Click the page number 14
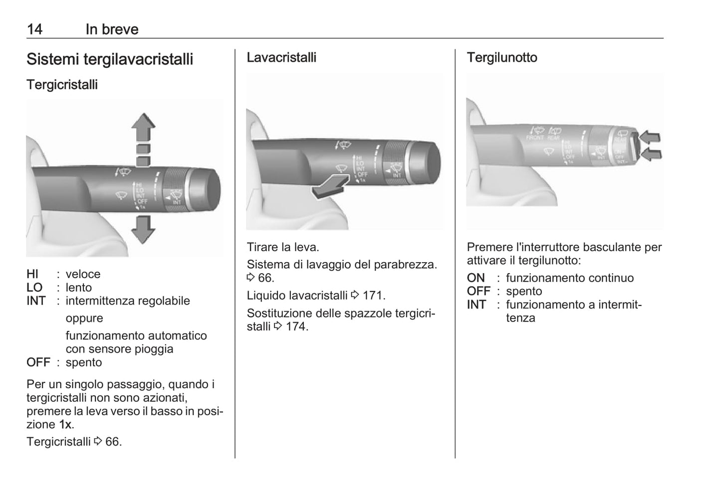34,29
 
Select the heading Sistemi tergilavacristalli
110,59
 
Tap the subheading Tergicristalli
62,85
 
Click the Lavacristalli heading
281,57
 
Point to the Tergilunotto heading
502,57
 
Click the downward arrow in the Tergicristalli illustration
143,229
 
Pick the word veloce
83,274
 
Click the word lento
79,288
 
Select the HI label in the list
32,274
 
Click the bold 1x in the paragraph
65,425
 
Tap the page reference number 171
373,296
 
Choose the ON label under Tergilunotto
476,278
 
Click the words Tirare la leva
283,247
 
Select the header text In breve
112,29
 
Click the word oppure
84,318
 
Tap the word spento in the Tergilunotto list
524,292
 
